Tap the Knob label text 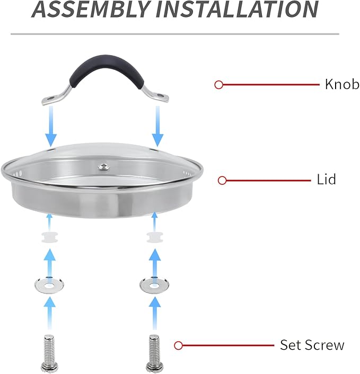[x=342, y=84]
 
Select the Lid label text [x=326, y=180]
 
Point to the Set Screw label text [x=312, y=345]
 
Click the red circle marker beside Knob [x=218, y=85]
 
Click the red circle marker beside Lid [x=223, y=180]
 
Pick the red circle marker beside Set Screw [x=179, y=345]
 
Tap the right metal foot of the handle [x=159, y=96]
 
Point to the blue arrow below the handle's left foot [x=51, y=126]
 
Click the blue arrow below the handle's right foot [x=157, y=126]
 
